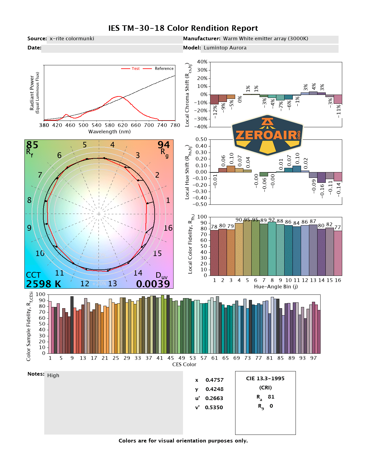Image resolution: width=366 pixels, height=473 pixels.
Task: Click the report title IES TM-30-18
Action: coord(183,28)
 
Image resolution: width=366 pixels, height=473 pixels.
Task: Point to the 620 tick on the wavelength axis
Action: coord(123,125)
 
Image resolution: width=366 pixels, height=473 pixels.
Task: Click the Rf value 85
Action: coord(32,145)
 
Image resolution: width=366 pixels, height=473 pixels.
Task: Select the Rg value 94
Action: coord(163,145)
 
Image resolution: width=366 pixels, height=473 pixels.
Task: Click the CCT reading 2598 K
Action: coord(44,284)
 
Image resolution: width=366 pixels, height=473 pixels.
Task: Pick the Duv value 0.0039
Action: coord(153,284)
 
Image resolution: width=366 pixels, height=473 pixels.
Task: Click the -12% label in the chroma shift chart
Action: coord(215,112)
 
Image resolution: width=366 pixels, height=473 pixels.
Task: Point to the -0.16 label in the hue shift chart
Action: coord(322,191)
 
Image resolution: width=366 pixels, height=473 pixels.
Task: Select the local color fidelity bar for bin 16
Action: coord(338,253)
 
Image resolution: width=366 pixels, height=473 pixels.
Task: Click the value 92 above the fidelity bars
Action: coord(271,220)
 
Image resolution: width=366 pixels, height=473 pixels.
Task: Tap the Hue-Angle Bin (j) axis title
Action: coord(276,287)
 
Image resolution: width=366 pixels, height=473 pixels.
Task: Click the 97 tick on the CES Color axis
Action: coord(314,358)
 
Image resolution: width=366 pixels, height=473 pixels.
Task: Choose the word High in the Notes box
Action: coord(53,375)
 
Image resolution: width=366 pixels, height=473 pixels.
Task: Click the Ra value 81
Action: coord(271,397)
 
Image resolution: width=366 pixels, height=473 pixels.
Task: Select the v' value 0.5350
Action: coord(214,407)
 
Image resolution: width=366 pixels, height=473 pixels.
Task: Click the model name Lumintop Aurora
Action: coord(225,48)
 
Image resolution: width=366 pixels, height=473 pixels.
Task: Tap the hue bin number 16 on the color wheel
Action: coord(168,228)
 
